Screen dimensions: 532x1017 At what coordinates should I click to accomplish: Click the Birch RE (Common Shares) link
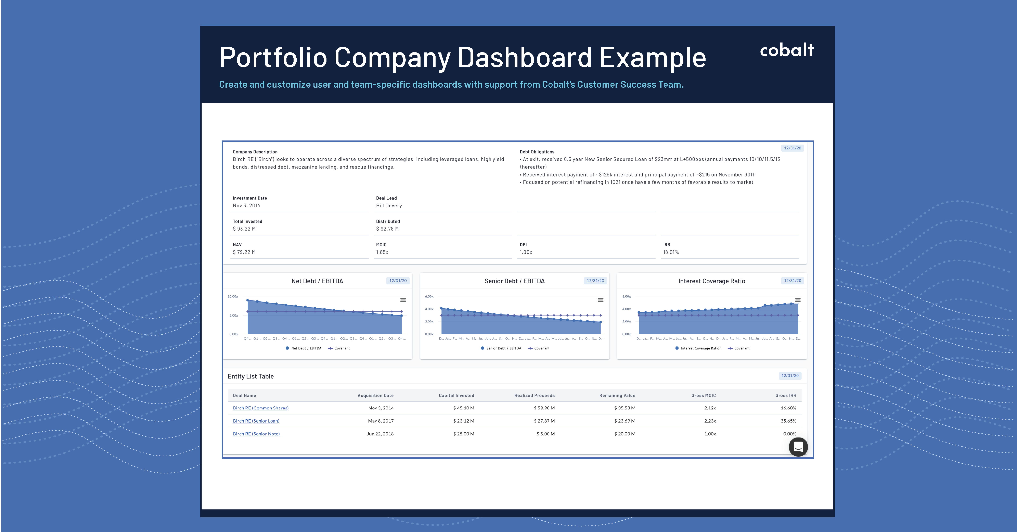click(x=261, y=408)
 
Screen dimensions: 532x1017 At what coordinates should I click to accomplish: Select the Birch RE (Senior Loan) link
click(x=256, y=421)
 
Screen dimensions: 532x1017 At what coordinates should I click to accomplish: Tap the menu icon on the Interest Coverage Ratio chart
click(x=798, y=300)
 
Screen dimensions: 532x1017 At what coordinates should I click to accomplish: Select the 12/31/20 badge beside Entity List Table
click(x=790, y=376)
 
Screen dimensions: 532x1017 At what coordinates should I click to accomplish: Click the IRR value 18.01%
click(x=671, y=252)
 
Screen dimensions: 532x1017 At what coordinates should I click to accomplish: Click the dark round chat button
click(x=798, y=447)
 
